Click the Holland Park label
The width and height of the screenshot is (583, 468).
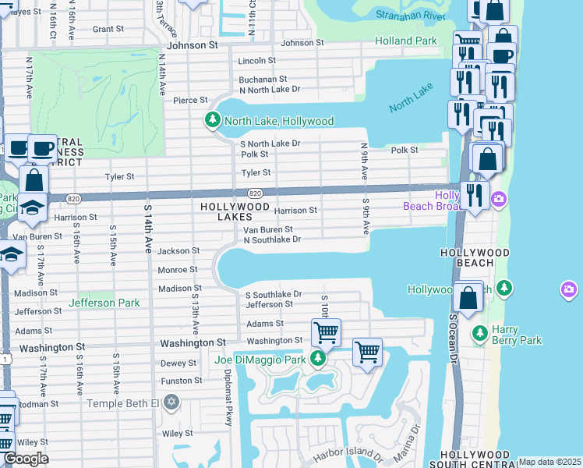[406, 41]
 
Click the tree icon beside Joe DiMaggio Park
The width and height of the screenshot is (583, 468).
[318, 359]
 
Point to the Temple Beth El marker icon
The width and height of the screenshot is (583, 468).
[172, 403]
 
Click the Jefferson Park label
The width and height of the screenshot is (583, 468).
[104, 303]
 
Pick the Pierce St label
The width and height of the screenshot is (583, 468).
[190, 100]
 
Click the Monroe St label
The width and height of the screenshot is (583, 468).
[178, 270]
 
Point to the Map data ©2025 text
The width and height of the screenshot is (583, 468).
[549, 462]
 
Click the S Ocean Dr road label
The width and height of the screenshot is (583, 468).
[453, 339]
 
